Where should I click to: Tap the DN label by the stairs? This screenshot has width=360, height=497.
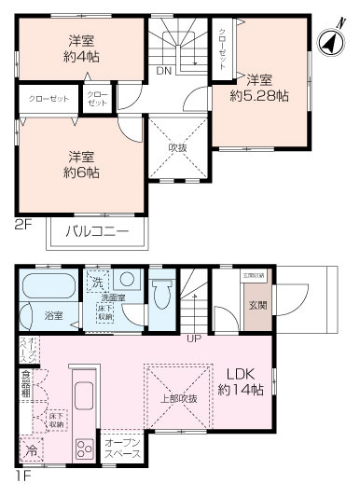(163, 71)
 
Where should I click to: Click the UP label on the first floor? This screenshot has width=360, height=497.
(194, 338)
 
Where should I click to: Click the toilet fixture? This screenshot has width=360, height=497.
(163, 297)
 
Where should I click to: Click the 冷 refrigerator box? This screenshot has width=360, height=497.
(32, 449)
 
